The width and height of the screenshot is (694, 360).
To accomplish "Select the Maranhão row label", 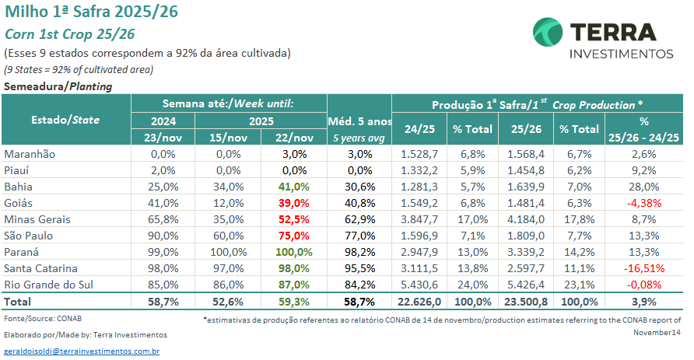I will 30,154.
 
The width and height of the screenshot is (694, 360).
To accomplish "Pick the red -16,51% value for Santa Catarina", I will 643,268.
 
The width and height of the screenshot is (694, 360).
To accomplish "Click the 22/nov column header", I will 295,138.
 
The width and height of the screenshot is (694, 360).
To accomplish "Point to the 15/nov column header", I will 230,138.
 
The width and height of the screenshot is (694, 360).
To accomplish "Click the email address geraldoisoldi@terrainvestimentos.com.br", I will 82,351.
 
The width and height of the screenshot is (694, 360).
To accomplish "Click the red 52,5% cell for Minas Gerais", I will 295,219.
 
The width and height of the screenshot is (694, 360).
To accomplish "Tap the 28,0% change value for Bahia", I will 643,187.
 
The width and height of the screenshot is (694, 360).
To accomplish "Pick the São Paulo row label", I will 30,236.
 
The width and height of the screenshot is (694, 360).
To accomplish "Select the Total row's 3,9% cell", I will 643,301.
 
